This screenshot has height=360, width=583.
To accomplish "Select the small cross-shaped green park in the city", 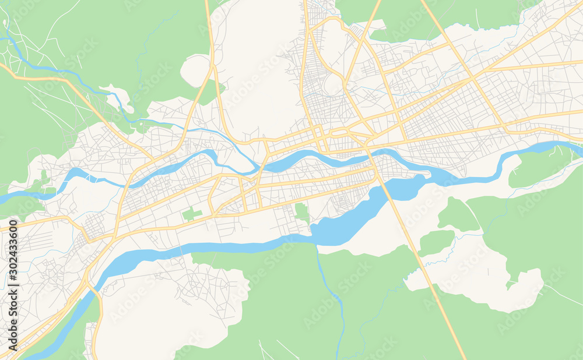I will tap(192, 214).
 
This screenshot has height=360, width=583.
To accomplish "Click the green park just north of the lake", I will tap(301, 213).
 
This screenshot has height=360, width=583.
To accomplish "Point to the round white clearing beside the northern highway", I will tap(195, 70).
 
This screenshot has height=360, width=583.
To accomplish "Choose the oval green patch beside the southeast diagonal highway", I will tap(436, 242).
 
